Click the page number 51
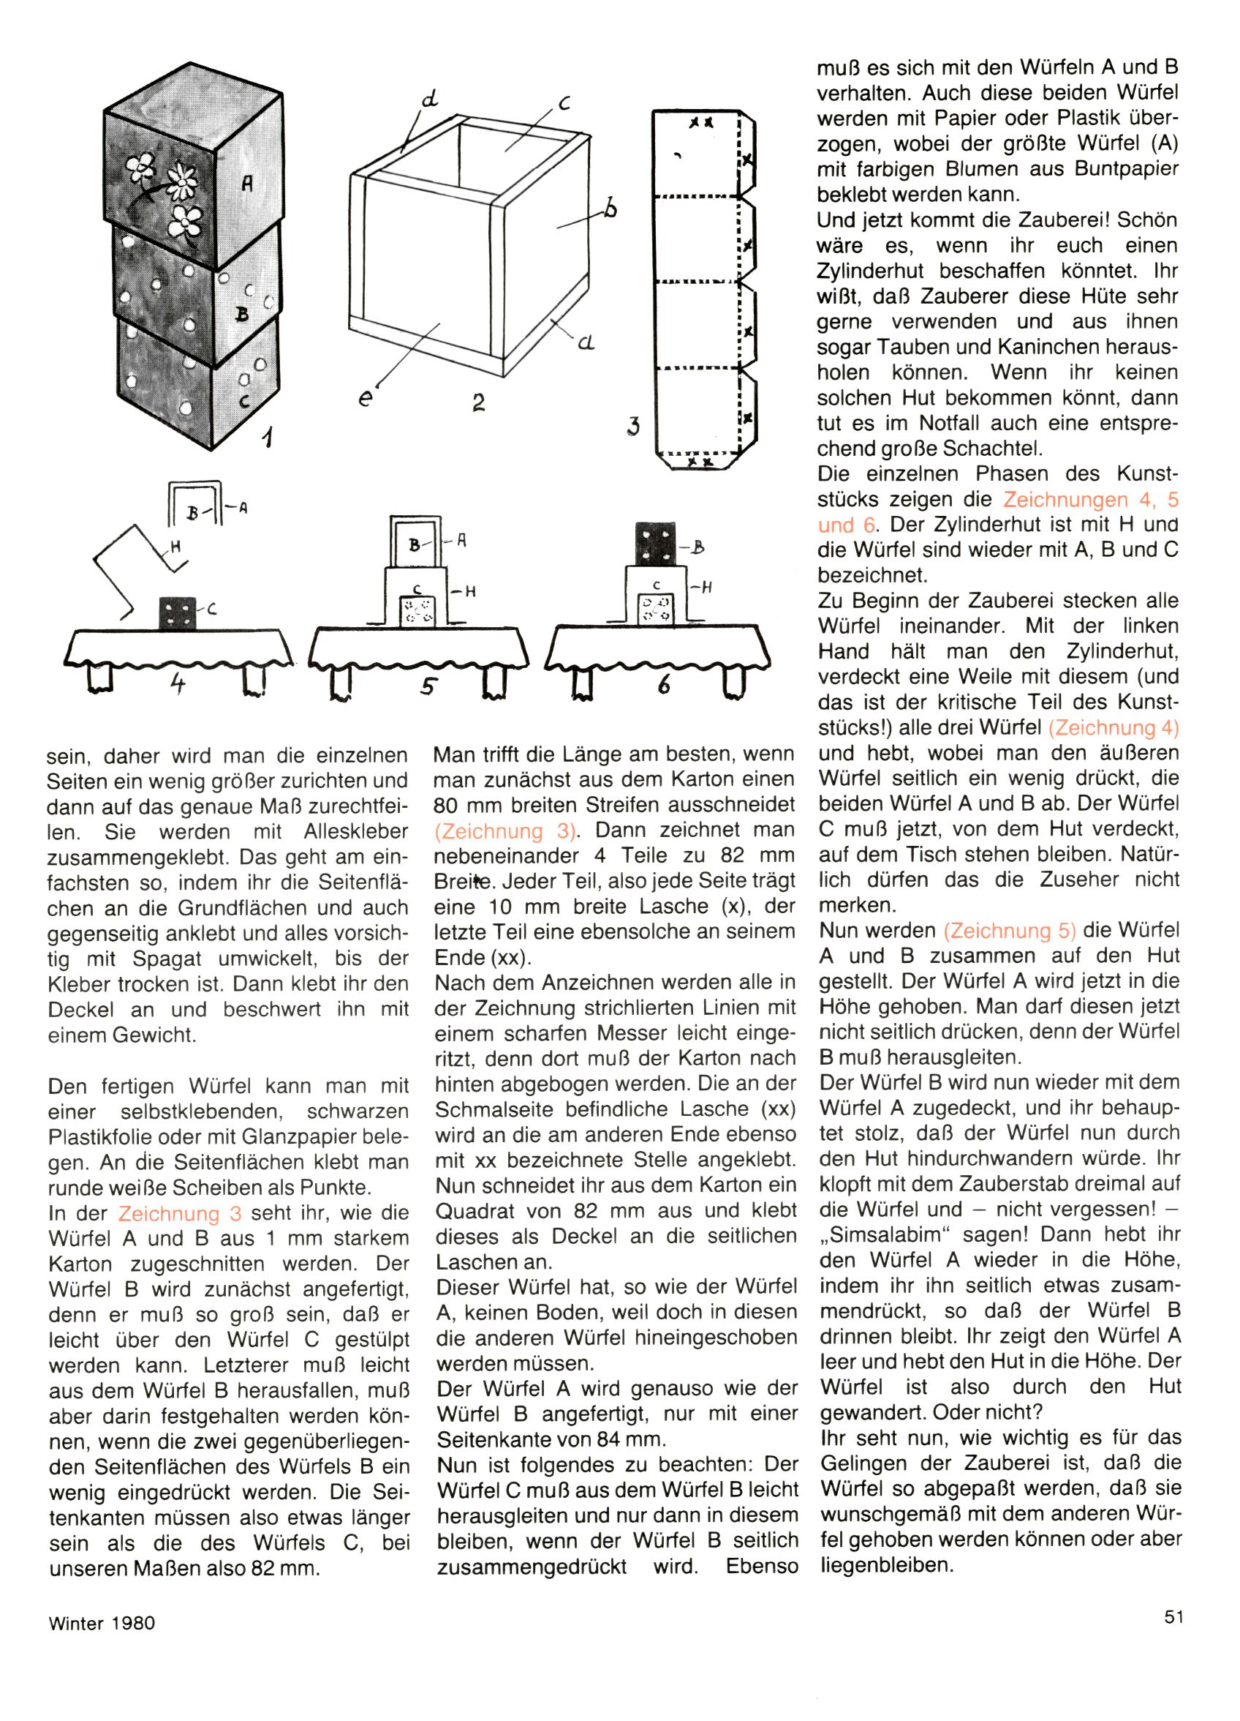click(1173, 1616)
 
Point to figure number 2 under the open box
click(478, 402)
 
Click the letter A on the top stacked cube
click(246, 183)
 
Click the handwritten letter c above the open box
click(564, 104)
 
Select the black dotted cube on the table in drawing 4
click(178, 612)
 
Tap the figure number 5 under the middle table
click(428, 685)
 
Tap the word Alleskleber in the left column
click(350, 832)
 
